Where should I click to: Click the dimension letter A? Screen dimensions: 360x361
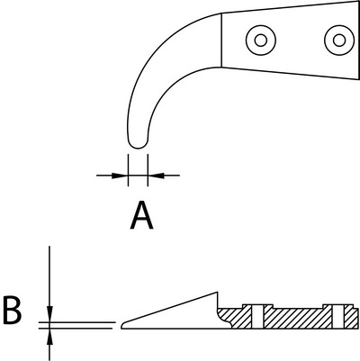[142, 216]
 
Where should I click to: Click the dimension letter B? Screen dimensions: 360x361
[12, 310]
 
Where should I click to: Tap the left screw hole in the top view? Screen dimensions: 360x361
[261, 41]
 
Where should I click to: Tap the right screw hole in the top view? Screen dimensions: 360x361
[339, 41]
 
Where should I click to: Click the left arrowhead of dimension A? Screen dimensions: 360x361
[120, 176]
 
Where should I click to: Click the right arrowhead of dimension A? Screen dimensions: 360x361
[156, 176]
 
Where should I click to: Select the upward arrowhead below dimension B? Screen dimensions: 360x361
[49, 337]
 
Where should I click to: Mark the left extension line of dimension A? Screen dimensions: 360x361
[128, 170]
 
